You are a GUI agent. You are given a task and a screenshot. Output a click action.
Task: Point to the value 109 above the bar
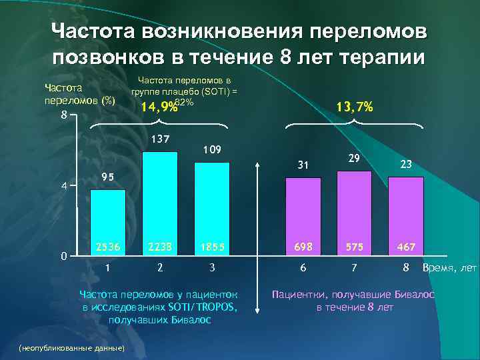point(211,149)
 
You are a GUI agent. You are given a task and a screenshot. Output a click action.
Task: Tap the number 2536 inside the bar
point(107,247)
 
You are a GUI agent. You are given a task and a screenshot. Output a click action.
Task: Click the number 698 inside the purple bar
point(303,247)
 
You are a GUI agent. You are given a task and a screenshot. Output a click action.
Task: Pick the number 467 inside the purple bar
point(405,247)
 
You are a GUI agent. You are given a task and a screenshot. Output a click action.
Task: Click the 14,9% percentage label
point(158,107)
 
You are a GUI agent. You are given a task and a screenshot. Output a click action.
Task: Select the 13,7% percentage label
point(355,107)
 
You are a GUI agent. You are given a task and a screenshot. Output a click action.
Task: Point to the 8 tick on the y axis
point(63,115)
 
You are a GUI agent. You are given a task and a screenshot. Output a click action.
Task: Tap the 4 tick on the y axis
point(63,186)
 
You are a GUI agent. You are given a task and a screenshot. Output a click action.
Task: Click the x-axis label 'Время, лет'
point(449,267)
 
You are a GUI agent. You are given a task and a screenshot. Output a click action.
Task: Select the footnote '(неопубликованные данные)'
point(67,348)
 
